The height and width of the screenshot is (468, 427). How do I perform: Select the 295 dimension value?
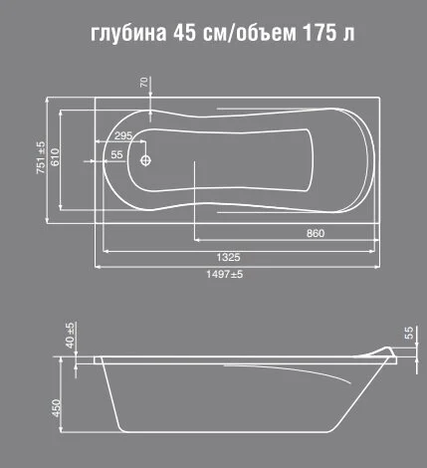tap(122, 135)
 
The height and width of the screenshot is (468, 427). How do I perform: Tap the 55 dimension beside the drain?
tap(117, 155)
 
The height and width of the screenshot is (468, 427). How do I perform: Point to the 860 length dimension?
tap(316, 234)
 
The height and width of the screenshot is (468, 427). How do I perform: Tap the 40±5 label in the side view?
tap(70, 337)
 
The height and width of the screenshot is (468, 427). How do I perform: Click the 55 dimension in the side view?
tap(408, 333)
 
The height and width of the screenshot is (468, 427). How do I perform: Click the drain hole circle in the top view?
tap(145, 159)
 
